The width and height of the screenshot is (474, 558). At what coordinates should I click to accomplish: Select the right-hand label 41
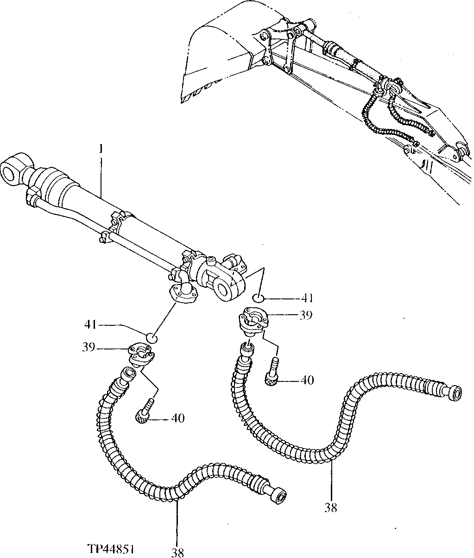(307, 298)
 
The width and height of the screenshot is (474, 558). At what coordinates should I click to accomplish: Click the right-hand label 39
(305, 315)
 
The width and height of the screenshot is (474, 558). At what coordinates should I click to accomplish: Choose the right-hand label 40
(307, 380)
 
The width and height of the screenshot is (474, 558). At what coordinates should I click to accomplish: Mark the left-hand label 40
(177, 418)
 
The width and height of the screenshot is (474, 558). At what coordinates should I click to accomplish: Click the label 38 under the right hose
(331, 508)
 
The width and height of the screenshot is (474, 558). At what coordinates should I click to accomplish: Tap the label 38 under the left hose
(177, 552)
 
